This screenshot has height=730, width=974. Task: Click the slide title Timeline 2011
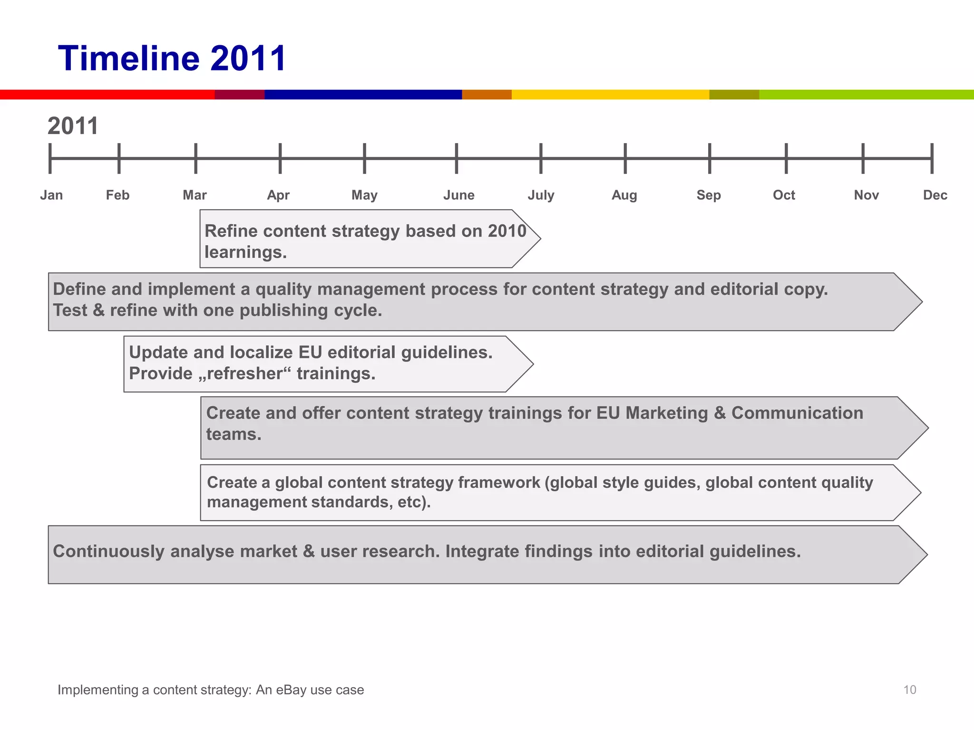pyautogui.click(x=172, y=58)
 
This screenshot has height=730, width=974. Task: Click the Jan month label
pyautogui.click(x=51, y=195)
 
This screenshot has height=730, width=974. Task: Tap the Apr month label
pyautogui.click(x=278, y=195)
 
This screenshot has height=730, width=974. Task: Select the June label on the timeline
pyautogui.click(x=458, y=195)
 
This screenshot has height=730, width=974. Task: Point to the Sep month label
pyautogui.click(x=709, y=195)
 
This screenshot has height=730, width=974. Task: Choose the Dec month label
pyautogui.click(x=935, y=195)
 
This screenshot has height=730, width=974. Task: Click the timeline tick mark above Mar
pyautogui.click(x=195, y=158)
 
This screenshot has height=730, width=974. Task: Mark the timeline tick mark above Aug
pyautogui.click(x=625, y=158)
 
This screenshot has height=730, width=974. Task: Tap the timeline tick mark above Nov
pyautogui.click(x=863, y=158)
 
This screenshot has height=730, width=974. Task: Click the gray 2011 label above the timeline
pyautogui.click(x=73, y=126)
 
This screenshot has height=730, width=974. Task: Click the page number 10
pyautogui.click(x=909, y=690)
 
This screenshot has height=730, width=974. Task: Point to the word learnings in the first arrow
pyautogui.click(x=245, y=252)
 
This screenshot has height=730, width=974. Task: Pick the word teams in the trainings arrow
pyautogui.click(x=234, y=434)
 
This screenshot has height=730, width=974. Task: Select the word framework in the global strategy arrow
pyautogui.click(x=499, y=482)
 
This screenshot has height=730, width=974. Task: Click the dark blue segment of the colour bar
pyautogui.click(x=363, y=95)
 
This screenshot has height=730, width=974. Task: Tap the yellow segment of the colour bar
pyautogui.click(x=610, y=95)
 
